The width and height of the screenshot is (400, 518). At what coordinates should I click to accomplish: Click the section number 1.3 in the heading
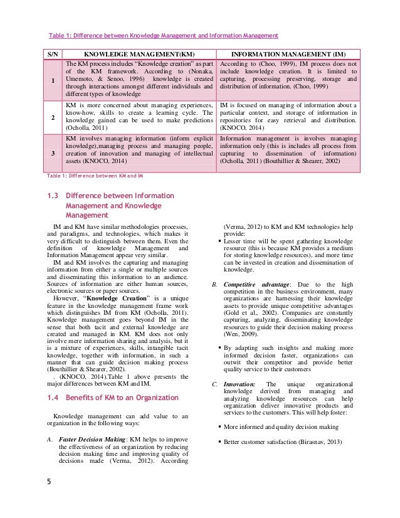[53, 195]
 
